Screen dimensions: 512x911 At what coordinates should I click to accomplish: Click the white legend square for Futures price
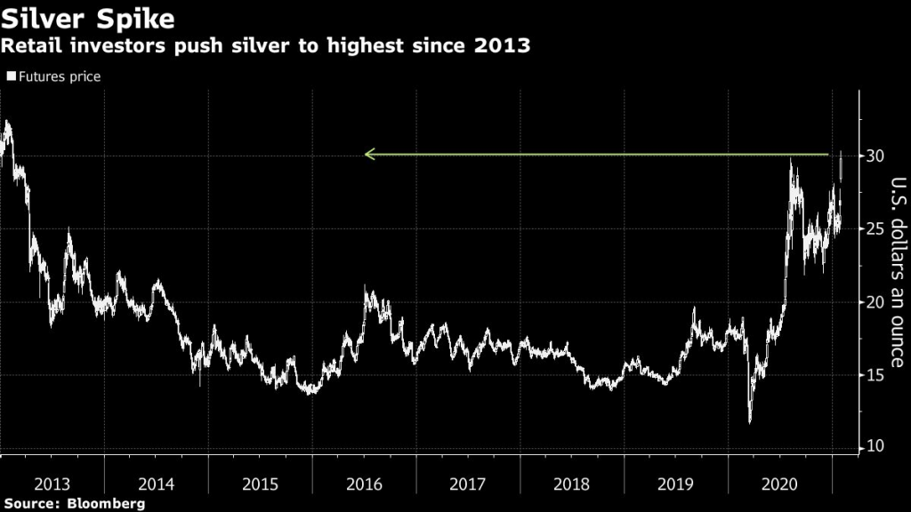(11, 77)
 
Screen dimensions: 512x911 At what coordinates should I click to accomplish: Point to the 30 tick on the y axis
(877, 156)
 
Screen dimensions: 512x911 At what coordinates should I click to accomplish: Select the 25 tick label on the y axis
(877, 229)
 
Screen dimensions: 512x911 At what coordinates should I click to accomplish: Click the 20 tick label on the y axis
(877, 302)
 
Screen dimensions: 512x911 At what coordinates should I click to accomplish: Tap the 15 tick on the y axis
(877, 375)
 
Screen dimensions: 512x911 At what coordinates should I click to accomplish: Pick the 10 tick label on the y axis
(877, 447)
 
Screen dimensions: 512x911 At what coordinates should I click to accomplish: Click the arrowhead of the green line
(369, 155)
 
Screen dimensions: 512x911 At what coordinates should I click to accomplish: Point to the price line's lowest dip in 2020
(749, 421)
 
